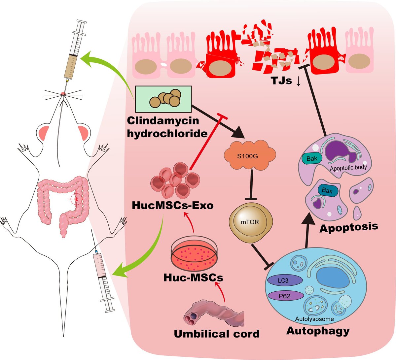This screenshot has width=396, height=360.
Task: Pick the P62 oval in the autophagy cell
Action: [285, 296]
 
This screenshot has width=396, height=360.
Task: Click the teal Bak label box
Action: [311, 159]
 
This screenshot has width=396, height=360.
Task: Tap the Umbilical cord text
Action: [217, 334]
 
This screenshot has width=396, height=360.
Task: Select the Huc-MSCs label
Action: [193, 278]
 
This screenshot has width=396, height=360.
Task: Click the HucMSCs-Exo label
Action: [172, 205]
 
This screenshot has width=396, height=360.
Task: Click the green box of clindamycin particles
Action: [163, 98]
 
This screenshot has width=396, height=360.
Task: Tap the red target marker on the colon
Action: [77, 199]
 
